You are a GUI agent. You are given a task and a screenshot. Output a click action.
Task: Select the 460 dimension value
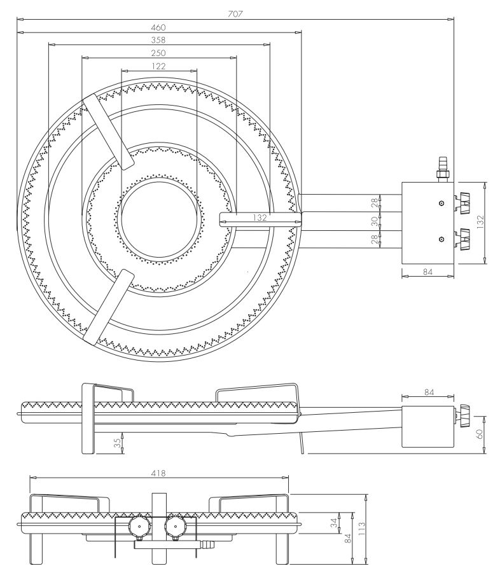(x=159, y=27)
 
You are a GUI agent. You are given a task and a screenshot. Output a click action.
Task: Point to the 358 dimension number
(x=159, y=40)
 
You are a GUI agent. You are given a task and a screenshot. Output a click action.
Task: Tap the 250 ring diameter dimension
(x=159, y=53)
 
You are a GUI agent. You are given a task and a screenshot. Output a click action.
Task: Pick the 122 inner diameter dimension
(x=159, y=66)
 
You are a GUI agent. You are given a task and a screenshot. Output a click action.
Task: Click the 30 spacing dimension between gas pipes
(x=375, y=221)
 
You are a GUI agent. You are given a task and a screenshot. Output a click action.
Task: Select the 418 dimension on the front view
(x=158, y=473)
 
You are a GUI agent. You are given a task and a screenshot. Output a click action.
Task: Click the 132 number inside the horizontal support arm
(x=259, y=218)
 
